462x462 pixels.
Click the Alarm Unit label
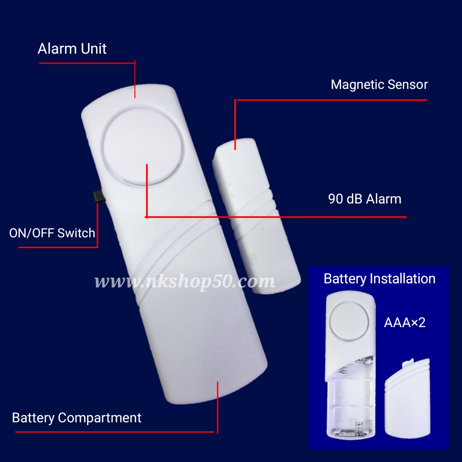click(72, 49)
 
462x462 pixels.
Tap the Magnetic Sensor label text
click(379, 84)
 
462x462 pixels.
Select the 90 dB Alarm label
click(365, 199)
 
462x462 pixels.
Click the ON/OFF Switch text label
click(52, 233)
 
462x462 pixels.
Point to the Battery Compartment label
click(77, 418)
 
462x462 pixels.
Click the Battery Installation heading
click(379, 279)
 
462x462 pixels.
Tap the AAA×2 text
click(405, 323)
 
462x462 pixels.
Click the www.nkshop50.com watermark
click(185, 281)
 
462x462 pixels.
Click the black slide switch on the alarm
click(99, 196)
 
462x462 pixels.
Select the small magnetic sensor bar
click(256, 215)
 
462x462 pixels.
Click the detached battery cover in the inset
click(407, 398)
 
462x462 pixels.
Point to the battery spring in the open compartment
click(359, 429)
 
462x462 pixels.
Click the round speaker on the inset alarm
click(350, 321)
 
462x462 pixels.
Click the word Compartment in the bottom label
click(100, 418)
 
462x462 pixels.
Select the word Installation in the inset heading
click(402, 279)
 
